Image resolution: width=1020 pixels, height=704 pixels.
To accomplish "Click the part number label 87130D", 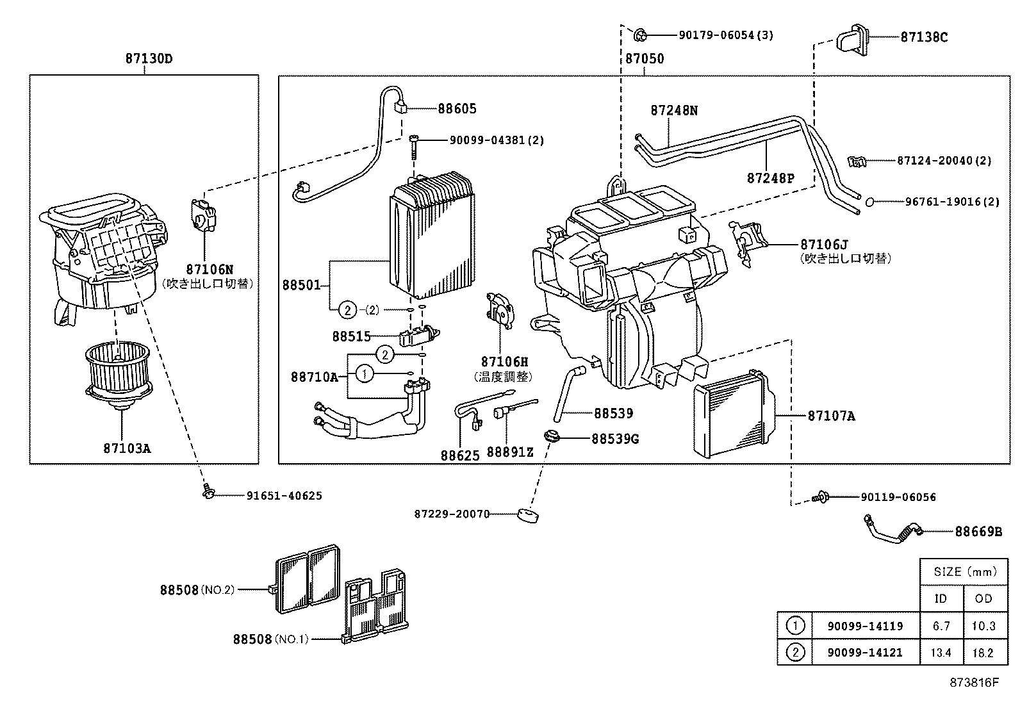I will [x=149, y=59].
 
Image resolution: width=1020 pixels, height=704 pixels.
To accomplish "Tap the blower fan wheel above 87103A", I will [x=120, y=372].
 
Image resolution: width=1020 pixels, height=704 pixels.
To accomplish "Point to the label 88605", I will [x=457, y=109].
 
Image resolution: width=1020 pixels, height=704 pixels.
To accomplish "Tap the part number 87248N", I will [x=674, y=110].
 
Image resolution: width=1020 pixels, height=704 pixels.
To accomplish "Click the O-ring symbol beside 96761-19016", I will [x=869, y=202].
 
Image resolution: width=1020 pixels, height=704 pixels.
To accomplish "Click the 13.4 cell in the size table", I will [x=941, y=653].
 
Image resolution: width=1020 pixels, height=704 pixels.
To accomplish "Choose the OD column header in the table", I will [x=983, y=598].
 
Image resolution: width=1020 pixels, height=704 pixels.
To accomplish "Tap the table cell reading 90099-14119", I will [x=865, y=626].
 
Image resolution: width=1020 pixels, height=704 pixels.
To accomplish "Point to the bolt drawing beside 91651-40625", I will [x=207, y=491].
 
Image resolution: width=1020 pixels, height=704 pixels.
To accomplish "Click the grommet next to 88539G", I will [x=551, y=437].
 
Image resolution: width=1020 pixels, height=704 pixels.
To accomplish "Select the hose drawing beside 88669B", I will [x=892, y=528].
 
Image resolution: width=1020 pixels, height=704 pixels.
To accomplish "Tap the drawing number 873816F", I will [x=975, y=682].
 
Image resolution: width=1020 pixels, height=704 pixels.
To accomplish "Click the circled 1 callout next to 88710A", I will [x=364, y=373].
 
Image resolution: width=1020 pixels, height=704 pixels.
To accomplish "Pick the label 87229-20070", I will [x=452, y=514].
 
